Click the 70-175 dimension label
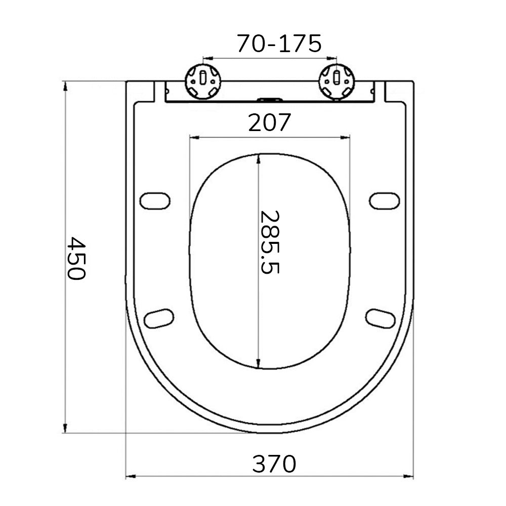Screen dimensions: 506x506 [x=279, y=44]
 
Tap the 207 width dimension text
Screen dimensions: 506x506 [x=270, y=122]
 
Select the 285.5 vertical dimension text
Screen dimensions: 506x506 [x=269, y=242]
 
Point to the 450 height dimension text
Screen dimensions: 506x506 [x=77, y=258]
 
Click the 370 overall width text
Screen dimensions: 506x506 [x=274, y=463]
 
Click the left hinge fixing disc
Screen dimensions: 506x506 [x=203, y=81]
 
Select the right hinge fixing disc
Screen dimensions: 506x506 [x=336, y=81]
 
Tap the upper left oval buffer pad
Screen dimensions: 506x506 [x=154, y=200]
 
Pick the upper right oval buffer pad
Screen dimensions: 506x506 [x=384, y=200]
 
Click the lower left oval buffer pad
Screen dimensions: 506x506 [x=159, y=318]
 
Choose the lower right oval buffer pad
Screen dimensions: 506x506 [x=380, y=318]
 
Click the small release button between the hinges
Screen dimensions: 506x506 [x=270, y=100]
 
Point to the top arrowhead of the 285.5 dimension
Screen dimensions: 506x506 [x=259, y=158]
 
